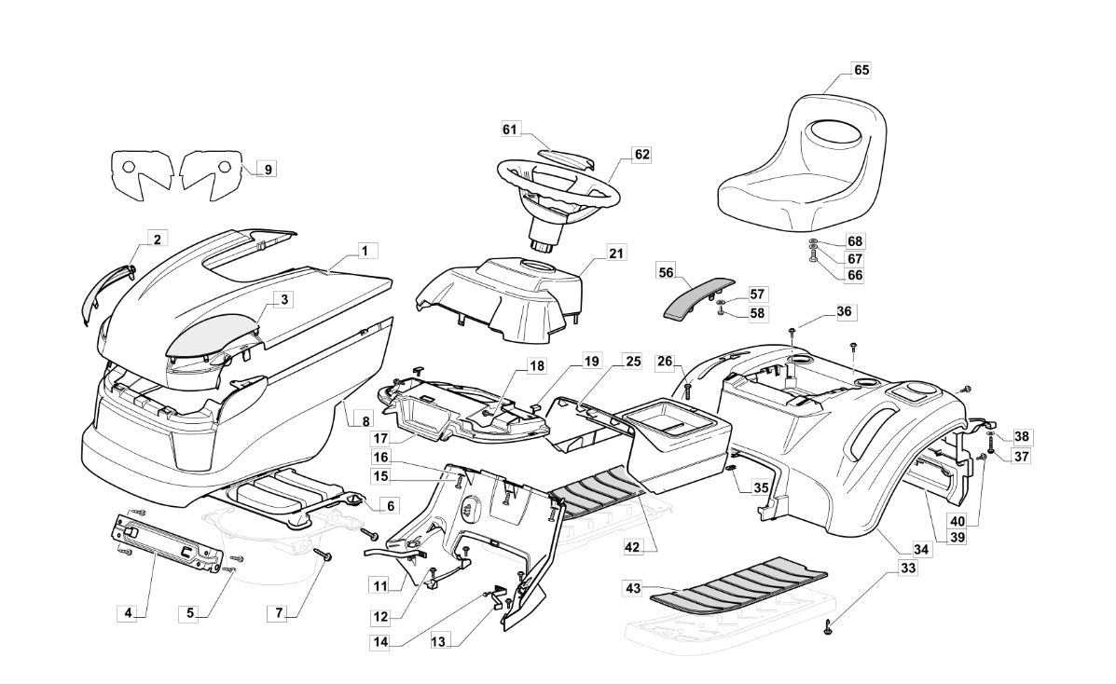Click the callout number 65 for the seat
coord(861,70)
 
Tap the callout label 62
coord(642,155)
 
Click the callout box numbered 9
coord(268,170)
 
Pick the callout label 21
coord(615,253)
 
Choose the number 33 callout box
coord(908,569)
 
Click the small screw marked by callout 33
coord(829,625)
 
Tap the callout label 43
coord(633,588)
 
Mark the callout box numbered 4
coord(128,612)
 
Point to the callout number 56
coord(667,272)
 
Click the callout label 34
coord(921,549)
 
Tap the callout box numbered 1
coord(365,251)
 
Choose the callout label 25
coord(633,362)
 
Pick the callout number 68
coord(855,241)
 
